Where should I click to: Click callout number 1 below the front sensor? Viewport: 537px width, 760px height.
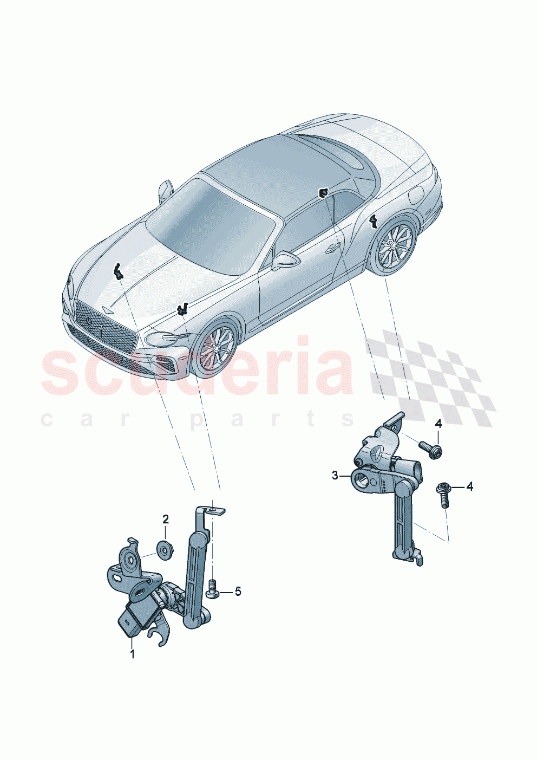pos(132,654)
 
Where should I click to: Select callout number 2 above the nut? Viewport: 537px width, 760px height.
pos(166,519)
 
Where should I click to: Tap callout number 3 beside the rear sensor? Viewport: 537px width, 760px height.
pos(335,476)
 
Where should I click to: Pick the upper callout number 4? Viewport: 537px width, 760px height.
pos(438,424)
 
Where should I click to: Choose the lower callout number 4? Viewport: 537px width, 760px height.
pos(469,486)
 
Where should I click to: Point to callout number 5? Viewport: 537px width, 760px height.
pos(238,592)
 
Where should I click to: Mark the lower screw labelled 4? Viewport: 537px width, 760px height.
pos(443,494)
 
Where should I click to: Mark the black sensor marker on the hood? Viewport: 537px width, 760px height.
pos(117,270)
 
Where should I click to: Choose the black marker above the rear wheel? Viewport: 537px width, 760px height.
pos(373,220)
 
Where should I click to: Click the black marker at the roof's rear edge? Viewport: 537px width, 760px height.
pos(323,193)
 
